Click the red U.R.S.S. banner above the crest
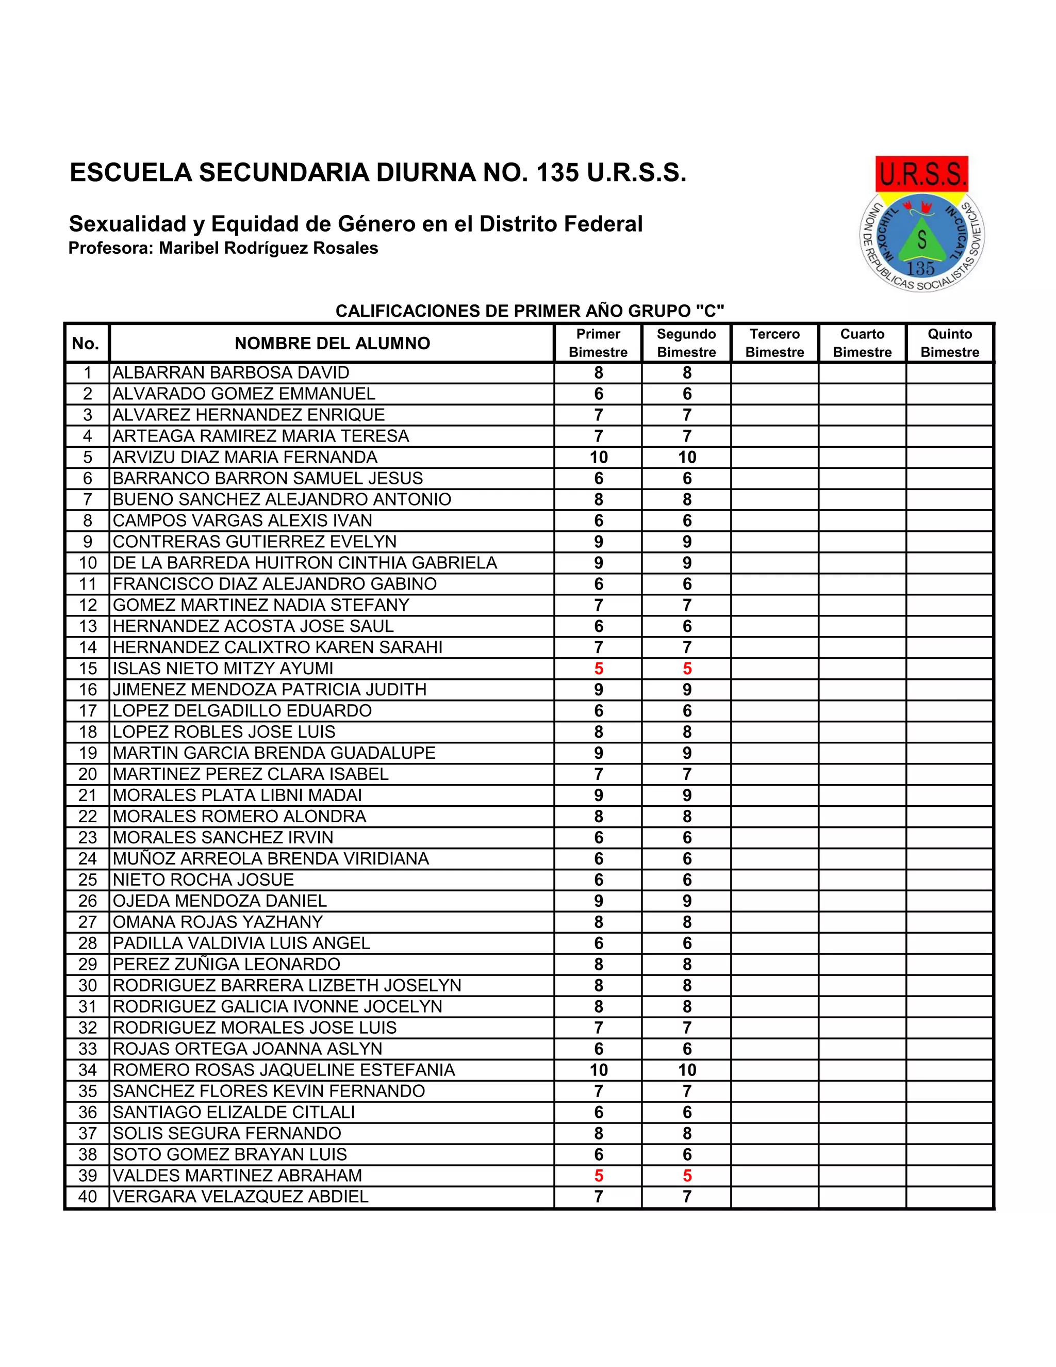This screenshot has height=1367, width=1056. click(921, 173)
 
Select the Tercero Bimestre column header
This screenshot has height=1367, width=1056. click(774, 343)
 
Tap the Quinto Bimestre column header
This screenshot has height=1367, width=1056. click(950, 343)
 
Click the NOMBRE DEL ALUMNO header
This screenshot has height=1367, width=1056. click(332, 343)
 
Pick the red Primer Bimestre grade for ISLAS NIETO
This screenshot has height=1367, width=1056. click(599, 669)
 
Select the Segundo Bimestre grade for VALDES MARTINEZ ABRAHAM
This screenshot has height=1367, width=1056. click(687, 1176)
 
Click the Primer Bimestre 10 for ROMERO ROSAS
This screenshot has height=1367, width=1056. click(599, 1070)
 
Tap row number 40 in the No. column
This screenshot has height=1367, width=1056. click(88, 1197)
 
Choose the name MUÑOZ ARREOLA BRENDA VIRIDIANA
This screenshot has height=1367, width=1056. click(270, 859)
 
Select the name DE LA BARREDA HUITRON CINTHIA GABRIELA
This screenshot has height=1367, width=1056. click(305, 563)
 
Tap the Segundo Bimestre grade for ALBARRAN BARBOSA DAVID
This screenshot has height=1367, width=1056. click(687, 373)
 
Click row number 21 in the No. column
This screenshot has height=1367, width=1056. click(88, 795)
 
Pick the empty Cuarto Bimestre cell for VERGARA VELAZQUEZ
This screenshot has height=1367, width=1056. click(862, 1197)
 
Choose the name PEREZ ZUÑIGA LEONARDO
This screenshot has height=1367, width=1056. click(226, 964)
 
